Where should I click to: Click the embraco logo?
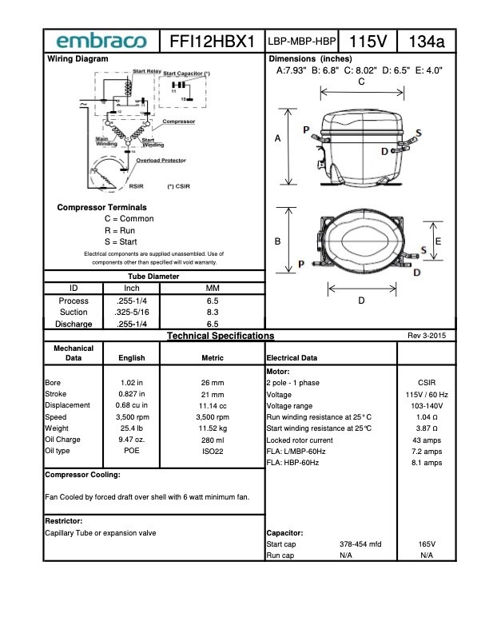click(x=101, y=41)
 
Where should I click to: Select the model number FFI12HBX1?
click(x=212, y=41)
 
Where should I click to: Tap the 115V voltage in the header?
click(x=368, y=41)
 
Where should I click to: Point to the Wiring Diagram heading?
click(x=78, y=59)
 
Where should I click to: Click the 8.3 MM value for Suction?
click(x=213, y=312)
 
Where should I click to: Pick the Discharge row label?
click(x=74, y=324)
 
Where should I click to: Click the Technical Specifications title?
click(x=220, y=336)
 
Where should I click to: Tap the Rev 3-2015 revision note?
click(x=427, y=336)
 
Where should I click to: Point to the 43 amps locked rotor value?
click(x=427, y=440)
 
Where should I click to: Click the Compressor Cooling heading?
click(x=82, y=475)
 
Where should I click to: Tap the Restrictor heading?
click(x=65, y=520)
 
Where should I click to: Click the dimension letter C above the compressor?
click(x=361, y=82)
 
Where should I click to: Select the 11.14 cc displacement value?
click(x=213, y=405)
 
